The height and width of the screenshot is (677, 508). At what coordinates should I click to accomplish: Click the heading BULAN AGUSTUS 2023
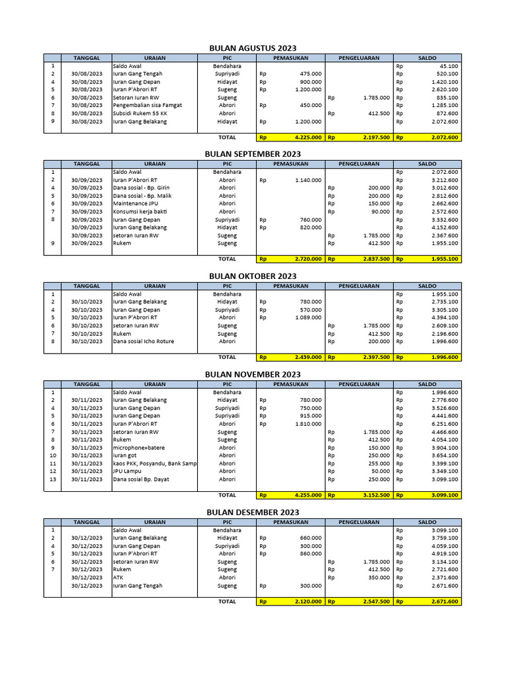tap(253, 48)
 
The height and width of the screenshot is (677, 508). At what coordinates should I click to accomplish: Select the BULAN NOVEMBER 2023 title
tap(253, 375)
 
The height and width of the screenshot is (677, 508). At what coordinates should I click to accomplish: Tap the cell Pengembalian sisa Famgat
tap(147, 105)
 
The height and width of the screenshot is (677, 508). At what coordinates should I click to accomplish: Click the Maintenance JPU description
tap(135, 204)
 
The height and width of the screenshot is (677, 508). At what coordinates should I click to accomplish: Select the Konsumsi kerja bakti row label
tap(140, 212)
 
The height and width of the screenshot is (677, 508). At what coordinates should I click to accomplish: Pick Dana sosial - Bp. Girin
tap(141, 188)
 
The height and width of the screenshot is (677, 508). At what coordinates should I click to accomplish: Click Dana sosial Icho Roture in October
tap(143, 341)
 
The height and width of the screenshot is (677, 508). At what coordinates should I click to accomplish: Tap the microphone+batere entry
tap(140, 448)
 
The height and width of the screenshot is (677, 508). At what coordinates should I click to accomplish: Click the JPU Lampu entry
tap(127, 471)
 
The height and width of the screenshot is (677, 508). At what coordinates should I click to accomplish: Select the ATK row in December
tap(118, 577)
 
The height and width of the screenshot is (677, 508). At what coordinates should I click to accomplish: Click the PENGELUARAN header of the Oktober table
tap(359, 286)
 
